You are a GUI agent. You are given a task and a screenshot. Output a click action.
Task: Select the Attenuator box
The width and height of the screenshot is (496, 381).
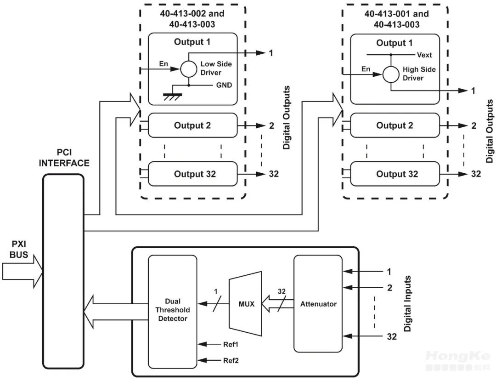pos(318,304)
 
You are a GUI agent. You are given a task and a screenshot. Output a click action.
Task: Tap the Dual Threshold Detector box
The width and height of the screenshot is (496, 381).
pos(172,311)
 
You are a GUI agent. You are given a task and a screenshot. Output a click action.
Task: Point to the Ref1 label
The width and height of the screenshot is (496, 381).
pos(231,344)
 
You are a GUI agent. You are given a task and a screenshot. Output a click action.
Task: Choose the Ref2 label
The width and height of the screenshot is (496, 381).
pos(231,360)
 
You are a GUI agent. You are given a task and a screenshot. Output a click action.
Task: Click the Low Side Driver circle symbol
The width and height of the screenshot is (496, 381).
pos(188,69)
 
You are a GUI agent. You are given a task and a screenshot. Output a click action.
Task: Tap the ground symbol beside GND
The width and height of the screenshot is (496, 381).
pos(172,94)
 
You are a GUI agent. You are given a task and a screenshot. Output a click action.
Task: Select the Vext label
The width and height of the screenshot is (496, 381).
pos(424,55)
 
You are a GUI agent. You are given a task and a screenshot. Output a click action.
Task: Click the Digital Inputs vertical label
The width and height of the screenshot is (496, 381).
pos(407,304)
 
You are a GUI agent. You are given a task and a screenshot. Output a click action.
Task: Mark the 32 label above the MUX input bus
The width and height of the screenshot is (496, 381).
pos(282,291)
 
